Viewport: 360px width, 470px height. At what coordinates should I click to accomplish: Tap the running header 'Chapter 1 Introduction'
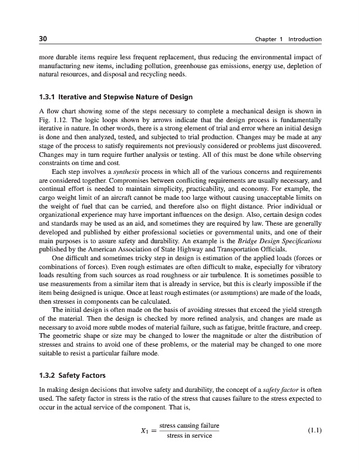288,39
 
